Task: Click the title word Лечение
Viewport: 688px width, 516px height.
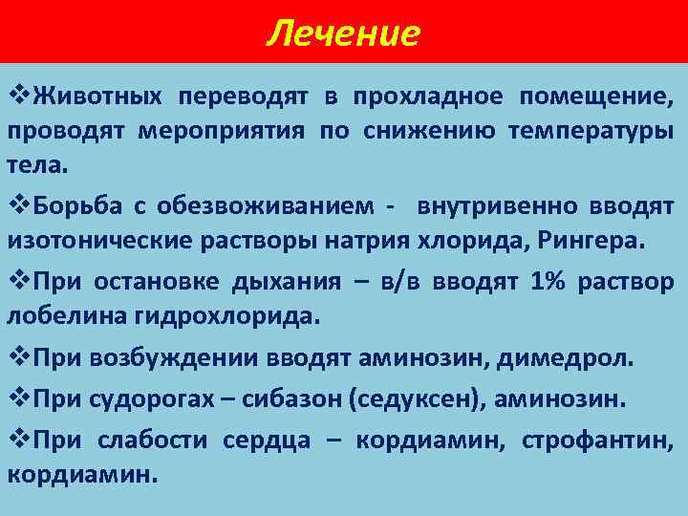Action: point(343,33)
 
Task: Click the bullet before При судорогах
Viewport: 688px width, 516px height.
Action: point(19,398)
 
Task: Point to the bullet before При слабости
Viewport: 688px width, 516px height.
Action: point(19,440)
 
